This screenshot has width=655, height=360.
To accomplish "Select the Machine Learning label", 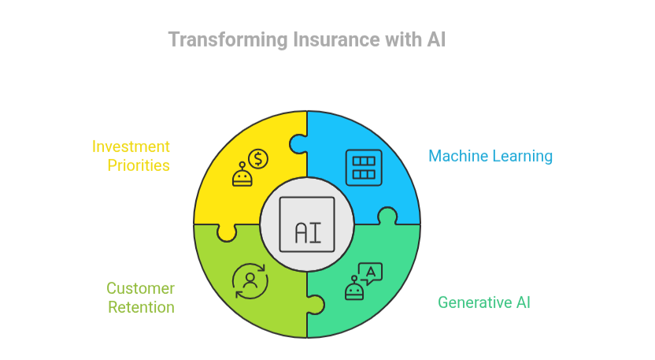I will tap(490, 156).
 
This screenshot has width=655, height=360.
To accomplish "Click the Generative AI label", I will tap(483, 302).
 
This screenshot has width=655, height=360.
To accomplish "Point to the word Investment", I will tap(131, 147).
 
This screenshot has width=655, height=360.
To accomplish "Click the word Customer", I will tap(140, 288).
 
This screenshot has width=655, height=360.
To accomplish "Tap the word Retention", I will tap(141, 307).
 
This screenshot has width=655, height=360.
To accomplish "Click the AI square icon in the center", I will tap(306, 225).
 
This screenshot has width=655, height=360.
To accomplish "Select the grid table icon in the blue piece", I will tap(364, 167).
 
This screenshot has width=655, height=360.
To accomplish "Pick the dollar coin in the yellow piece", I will tap(257, 158).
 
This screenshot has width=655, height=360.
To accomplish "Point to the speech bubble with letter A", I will tap(371, 272).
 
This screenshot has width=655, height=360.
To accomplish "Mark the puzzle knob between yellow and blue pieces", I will tap(298, 144).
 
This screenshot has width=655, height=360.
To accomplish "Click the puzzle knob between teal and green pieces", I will tap(315, 304).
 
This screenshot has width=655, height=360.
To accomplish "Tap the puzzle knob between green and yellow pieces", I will tap(226, 232).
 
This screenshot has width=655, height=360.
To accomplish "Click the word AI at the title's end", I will tap(435, 39).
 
